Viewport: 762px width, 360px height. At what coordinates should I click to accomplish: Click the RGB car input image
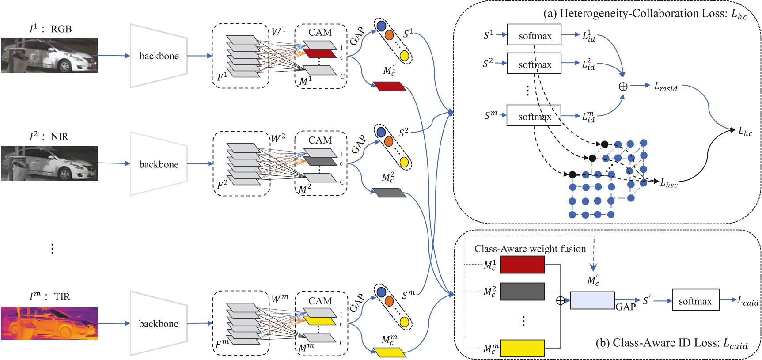(x=49, y=56)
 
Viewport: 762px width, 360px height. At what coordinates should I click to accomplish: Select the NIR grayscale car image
(x=49, y=163)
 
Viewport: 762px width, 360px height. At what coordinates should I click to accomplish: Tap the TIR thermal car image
(x=49, y=323)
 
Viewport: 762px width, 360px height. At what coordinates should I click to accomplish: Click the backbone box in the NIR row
(x=159, y=164)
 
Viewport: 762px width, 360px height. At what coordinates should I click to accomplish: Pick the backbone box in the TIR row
(x=159, y=323)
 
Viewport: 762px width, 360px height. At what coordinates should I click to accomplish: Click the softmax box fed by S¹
(x=535, y=35)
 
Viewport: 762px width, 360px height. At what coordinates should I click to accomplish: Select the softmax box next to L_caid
(x=695, y=300)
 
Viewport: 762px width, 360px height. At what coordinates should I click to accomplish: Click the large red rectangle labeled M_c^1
(x=522, y=265)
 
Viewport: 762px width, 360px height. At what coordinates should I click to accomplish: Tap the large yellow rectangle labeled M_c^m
(x=522, y=348)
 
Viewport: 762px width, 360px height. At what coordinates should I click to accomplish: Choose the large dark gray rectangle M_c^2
(x=522, y=292)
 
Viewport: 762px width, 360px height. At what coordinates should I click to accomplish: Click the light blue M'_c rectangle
(x=592, y=300)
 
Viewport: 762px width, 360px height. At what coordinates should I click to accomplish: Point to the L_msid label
(x=665, y=87)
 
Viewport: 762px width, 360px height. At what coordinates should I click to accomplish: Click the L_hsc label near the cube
(x=669, y=183)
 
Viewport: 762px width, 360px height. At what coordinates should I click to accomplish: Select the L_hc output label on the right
(x=745, y=131)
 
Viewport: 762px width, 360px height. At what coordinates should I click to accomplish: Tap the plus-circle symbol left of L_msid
(x=623, y=87)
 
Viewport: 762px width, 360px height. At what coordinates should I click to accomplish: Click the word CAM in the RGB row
(x=320, y=32)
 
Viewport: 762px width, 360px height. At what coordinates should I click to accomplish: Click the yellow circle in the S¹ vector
(x=404, y=55)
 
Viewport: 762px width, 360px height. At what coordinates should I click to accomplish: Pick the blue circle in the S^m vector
(x=381, y=292)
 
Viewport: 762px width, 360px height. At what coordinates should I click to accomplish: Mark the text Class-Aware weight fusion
(x=530, y=249)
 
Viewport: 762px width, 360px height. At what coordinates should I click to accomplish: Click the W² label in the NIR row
(x=278, y=138)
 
